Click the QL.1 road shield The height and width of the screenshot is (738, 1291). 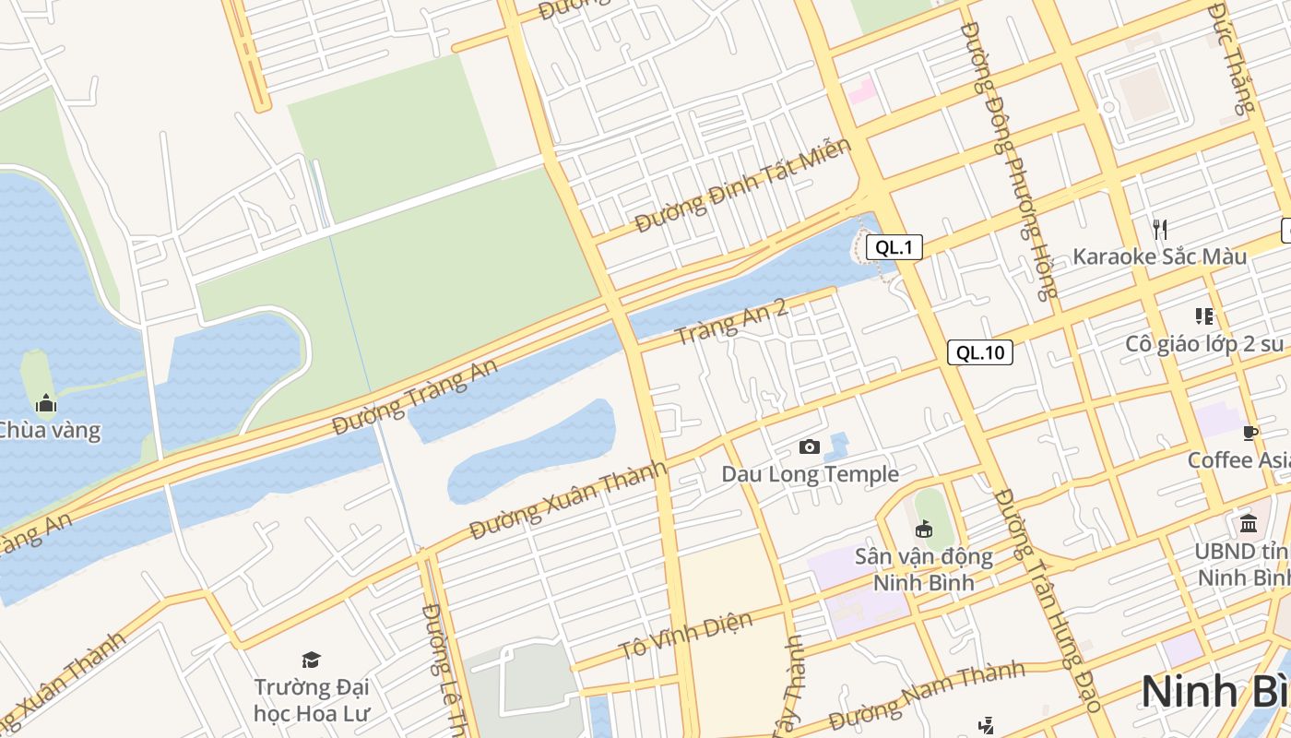pos(894,247)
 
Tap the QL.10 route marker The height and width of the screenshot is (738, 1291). pos(979,352)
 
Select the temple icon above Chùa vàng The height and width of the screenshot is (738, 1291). pos(46,403)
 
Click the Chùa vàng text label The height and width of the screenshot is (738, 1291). pos(48,430)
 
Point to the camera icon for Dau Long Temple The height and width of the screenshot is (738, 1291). pos(810,447)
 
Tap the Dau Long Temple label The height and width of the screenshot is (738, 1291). pos(810,474)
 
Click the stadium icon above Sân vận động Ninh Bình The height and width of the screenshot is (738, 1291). pos(923,529)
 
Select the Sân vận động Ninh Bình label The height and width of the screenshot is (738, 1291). pos(923,569)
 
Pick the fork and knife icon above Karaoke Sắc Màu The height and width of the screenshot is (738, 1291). pos(1160,229)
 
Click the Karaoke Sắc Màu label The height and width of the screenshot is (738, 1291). pos(1159,256)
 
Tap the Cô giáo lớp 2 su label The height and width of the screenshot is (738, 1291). pos(1204,344)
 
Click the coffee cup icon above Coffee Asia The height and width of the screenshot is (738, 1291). pos(1250,433)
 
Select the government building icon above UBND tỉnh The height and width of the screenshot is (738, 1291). pos(1249,524)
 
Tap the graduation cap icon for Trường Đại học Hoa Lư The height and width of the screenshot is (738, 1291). pos(311,660)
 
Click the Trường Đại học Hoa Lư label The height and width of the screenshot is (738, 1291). pos(311,700)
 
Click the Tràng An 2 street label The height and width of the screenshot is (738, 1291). pos(731,321)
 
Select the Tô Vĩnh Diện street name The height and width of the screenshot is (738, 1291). pos(686,637)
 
